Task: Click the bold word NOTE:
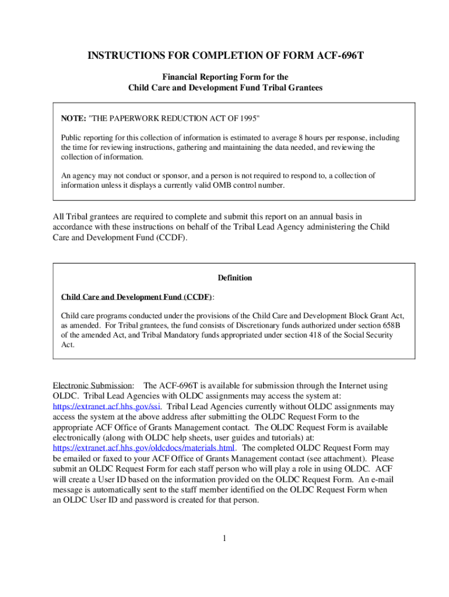73,118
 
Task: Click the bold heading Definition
234,278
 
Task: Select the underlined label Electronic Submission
93,385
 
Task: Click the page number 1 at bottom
224,537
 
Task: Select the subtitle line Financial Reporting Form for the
225,77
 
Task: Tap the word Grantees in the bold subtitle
304,87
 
